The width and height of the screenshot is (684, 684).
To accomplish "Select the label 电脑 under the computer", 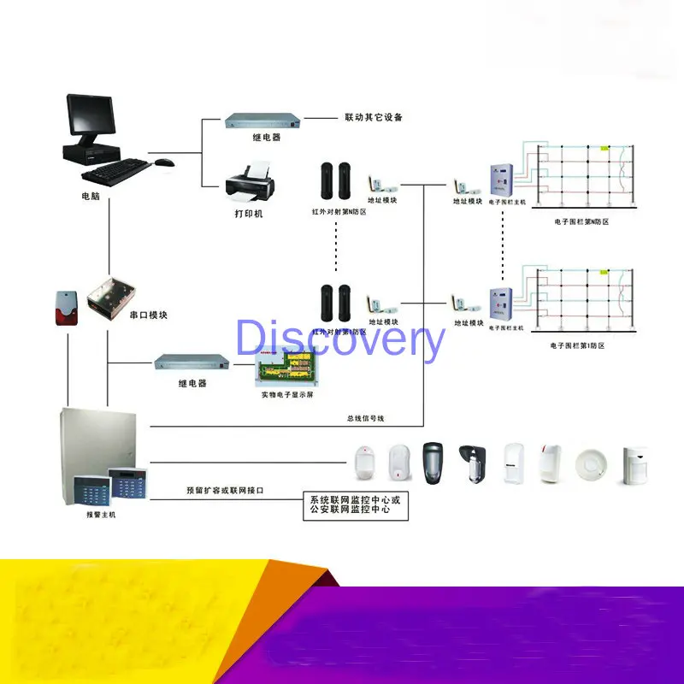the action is click(x=91, y=196).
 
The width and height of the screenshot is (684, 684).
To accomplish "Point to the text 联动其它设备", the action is click(x=373, y=117).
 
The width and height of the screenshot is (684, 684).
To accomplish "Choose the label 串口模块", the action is click(x=149, y=315).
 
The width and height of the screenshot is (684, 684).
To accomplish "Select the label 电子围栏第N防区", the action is click(x=581, y=221).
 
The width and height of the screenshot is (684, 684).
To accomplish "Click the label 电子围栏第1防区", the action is click(x=578, y=345).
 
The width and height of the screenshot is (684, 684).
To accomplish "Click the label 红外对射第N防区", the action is click(x=339, y=211).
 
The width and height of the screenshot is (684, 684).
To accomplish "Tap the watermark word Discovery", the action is click(x=340, y=339).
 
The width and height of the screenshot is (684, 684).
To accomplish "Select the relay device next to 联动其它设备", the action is click(x=265, y=121).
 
